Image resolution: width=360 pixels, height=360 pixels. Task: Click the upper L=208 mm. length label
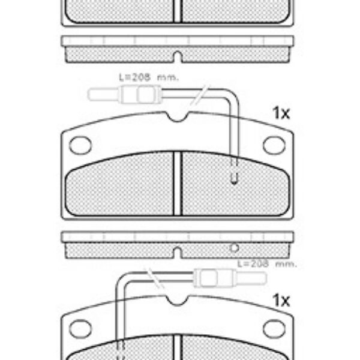(x=149, y=77)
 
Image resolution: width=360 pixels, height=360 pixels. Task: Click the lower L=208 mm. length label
(x=267, y=264)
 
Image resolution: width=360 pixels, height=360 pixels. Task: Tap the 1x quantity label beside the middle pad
(x=281, y=113)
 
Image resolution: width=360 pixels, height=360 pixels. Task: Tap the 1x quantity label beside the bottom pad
(x=281, y=301)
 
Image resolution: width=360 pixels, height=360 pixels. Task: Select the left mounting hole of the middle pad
(x=80, y=145)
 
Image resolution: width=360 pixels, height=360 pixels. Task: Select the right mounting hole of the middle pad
(x=274, y=145)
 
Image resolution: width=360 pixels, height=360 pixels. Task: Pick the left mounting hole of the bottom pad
(x=80, y=329)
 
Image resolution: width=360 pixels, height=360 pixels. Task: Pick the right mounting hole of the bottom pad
(x=274, y=329)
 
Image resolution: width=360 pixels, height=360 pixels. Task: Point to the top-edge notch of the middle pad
(x=177, y=116)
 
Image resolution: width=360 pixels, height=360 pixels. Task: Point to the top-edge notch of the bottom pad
(x=177, y=301)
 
